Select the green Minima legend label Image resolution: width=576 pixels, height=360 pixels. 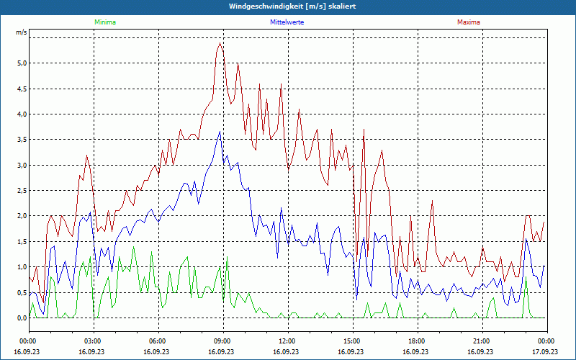[104, 22]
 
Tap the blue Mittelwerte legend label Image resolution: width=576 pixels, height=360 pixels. [287, 22]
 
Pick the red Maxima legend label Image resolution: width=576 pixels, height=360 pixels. [468, 22]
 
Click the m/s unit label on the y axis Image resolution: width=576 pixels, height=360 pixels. [22, 32]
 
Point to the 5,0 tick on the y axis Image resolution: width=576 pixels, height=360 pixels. [22, 63]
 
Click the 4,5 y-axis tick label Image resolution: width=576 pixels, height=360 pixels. [22, 89]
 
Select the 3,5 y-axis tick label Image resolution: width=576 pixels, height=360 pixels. [22, 140]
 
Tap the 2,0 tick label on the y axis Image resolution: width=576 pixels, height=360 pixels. [22, 216]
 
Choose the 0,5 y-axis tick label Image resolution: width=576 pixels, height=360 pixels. [22, 292]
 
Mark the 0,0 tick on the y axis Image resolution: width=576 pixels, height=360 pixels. [22, 318]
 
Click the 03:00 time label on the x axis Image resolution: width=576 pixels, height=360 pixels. [93, 341]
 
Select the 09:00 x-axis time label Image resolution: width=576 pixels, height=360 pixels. [222, 341]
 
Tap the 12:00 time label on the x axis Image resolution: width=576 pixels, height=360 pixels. [287, 341]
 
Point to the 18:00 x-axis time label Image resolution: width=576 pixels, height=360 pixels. [416, 341]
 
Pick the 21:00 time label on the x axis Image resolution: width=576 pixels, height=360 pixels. [481, 341]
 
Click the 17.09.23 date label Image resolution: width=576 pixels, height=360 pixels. [546, 352]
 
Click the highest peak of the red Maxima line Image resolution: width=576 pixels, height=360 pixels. [220, 43]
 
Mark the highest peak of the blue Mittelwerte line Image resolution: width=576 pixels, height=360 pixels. [220, 131]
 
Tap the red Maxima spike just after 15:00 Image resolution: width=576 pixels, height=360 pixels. [364, 130]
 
